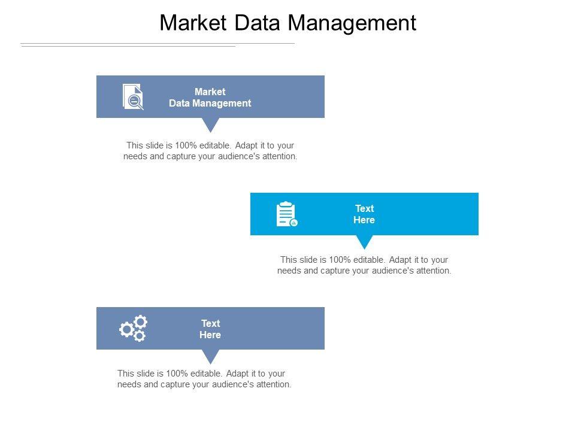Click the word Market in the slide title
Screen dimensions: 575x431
(193, 23)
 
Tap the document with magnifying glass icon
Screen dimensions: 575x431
(133, 97)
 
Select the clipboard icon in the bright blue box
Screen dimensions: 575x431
(287, 214)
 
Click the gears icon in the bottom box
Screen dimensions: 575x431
(133, 329)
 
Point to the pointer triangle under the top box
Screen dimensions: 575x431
(211, 125)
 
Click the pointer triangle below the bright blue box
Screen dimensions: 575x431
(365, 241)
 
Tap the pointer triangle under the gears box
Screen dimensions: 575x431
(211, 356)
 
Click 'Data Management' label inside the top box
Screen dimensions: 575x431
(210, 104)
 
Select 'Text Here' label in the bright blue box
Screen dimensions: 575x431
(364, 214)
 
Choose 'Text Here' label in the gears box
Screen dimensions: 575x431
(210, 329)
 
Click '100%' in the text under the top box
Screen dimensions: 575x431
(186, 145)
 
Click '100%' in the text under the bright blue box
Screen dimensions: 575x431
(340, 260)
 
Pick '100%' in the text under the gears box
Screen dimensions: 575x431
(177, 374)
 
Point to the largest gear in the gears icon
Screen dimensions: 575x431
(127, 329)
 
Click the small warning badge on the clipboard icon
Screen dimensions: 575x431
(293, 223)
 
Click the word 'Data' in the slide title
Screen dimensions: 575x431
(257, 23)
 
